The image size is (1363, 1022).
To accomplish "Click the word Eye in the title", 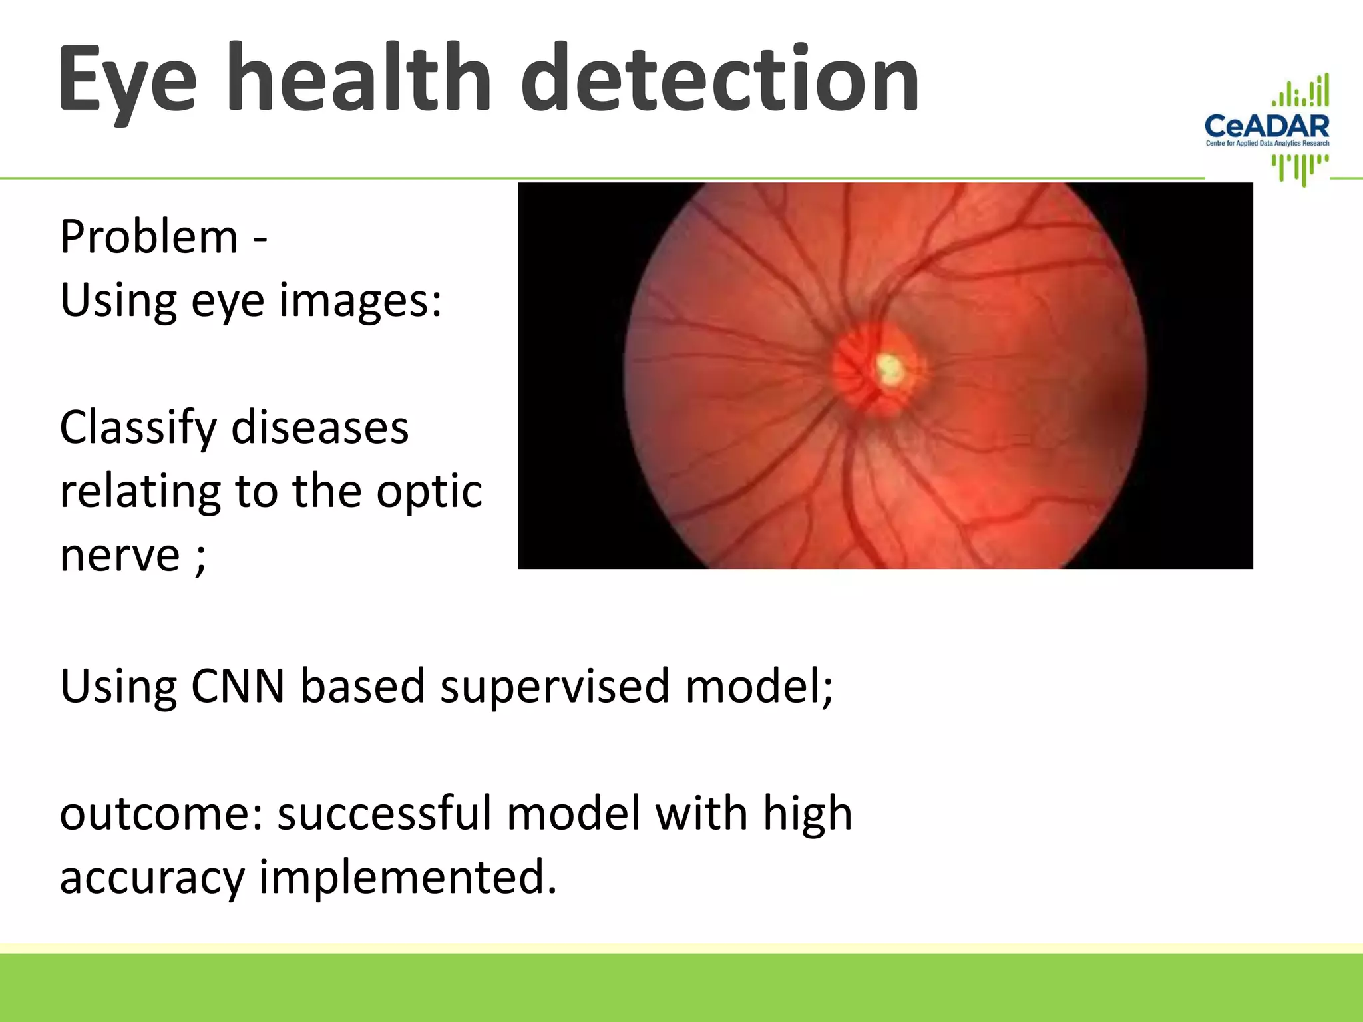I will click(x=126, y=80).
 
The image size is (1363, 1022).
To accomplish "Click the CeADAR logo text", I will click(x=1266, y=126).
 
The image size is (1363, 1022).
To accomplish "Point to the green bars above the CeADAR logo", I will click(x=1301, y=92).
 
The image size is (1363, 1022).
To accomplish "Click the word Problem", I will click(x=148, y=237).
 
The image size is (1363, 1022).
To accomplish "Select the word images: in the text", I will click(x=360, y=301).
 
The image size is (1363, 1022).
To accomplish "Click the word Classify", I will click(x=138, y=428).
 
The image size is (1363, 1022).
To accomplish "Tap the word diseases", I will click(x=319, y=428).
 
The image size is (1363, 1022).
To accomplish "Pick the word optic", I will click(x=429, y=492).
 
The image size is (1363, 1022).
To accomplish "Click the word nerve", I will click(x=120, y=556).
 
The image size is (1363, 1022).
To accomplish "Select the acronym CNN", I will click(x=238, y=686).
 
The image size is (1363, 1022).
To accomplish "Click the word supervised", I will click(x=554, y=686).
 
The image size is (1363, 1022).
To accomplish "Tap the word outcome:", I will click(x=162, y=814).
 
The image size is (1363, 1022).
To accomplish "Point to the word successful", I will click(x=384, y=814).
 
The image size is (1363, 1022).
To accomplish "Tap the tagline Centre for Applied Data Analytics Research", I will click(x=1267, y=143).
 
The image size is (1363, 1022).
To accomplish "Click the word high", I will click(x=807, y=814).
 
